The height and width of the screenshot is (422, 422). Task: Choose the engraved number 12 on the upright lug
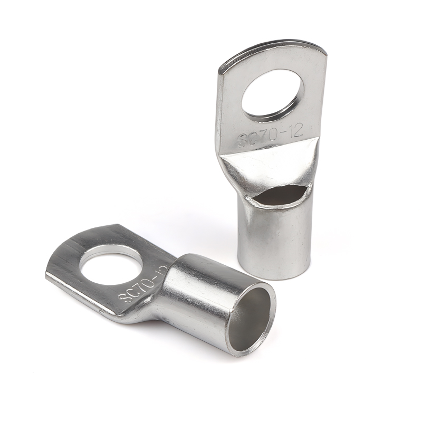tap(296, 131)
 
